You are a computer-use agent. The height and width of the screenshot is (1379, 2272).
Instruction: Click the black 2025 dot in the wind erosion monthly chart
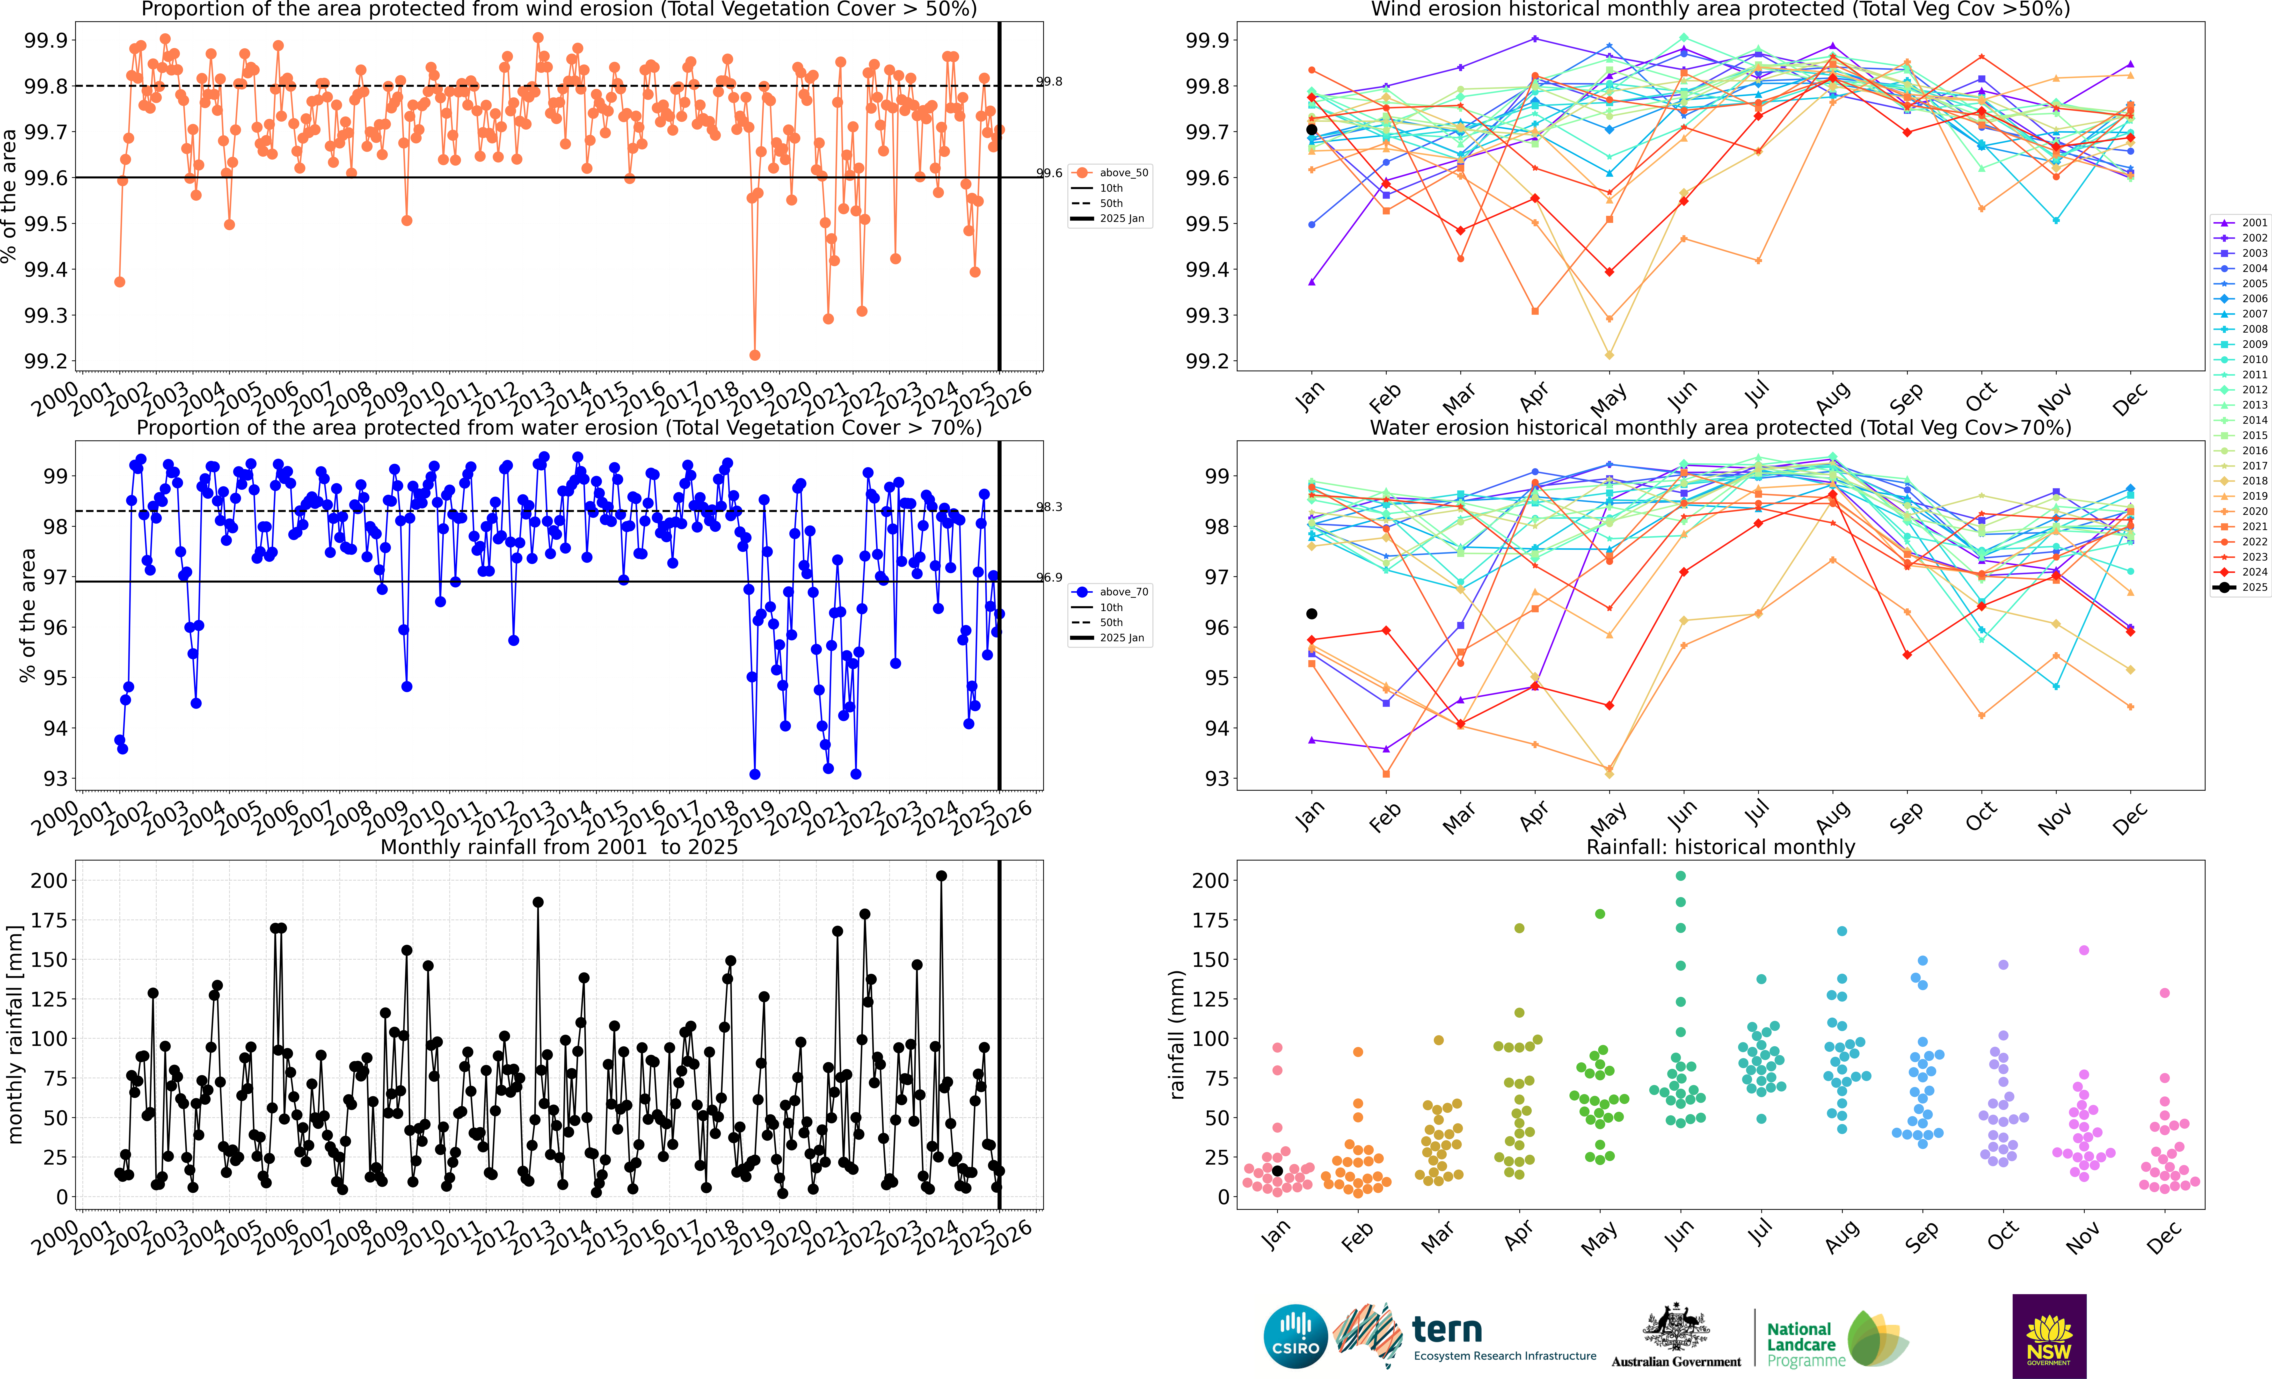click(x=1311, y=129)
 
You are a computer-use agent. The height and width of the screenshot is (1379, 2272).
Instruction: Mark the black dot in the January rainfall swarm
click(x=1277, y=1171)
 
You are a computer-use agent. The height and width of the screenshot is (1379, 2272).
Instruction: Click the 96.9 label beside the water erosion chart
click(x=1049, y=577)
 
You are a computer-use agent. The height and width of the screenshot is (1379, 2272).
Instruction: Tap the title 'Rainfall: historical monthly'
click(x=1720, y=847)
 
